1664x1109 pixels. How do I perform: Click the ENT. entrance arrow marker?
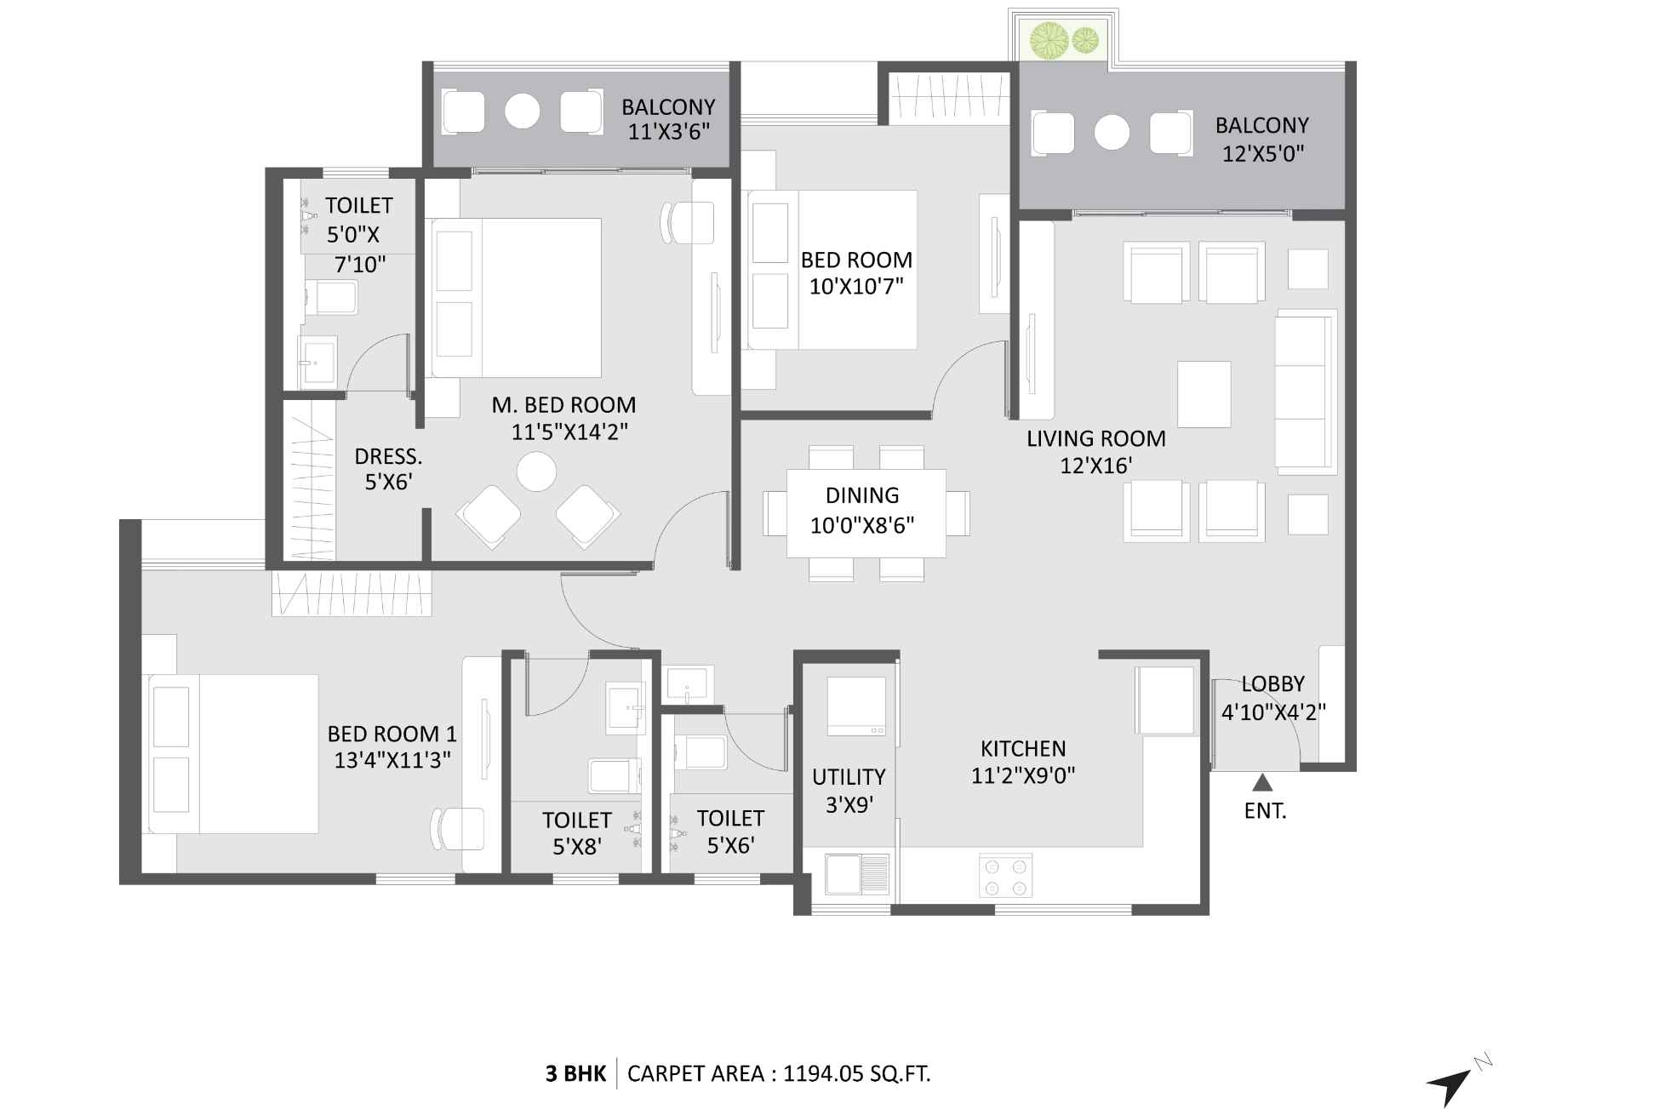click(1262, 782)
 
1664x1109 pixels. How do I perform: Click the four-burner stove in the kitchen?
click(1005, 877)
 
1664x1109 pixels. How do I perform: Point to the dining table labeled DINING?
click(865, 512)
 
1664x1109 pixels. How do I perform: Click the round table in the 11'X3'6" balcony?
click(522, 111)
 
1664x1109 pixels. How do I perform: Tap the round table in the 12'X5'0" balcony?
click(1112, 133)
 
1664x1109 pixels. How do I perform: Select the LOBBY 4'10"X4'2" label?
click(1272, 698)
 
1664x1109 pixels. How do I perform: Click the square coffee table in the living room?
click(1204, 394)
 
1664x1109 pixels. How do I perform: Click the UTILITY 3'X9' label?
click(849, 790)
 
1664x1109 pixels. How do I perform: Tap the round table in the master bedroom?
click(536, 472)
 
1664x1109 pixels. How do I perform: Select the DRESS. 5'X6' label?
click(388, 469)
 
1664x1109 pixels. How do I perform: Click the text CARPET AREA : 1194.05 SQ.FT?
click(779, 1074)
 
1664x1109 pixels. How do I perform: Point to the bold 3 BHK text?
click(575, 1074)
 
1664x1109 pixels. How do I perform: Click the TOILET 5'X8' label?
click(577, 833)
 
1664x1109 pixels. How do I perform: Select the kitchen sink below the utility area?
click(857, 874)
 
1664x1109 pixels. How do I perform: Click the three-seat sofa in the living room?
click(1305, 392)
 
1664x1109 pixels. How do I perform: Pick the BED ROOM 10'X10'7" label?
click(856, 272)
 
